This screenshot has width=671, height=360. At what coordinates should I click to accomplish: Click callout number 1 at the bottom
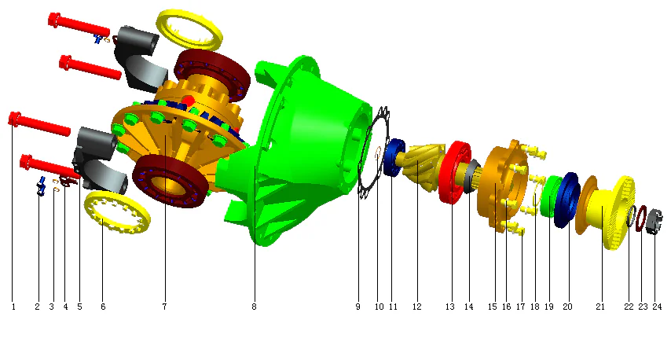coord(13,307)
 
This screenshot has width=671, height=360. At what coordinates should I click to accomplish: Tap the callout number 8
coord(254,307)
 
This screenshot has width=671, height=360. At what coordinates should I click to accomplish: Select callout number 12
coord(416,307)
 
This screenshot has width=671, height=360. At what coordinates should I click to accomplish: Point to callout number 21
coord(600,307)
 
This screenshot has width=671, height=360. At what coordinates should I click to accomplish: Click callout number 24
coord(657,307)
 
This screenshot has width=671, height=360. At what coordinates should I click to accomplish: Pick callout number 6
coord(103,307)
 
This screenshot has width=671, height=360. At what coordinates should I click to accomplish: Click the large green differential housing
coord(306,134)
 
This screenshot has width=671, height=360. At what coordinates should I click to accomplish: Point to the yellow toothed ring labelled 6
coord(118,211)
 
